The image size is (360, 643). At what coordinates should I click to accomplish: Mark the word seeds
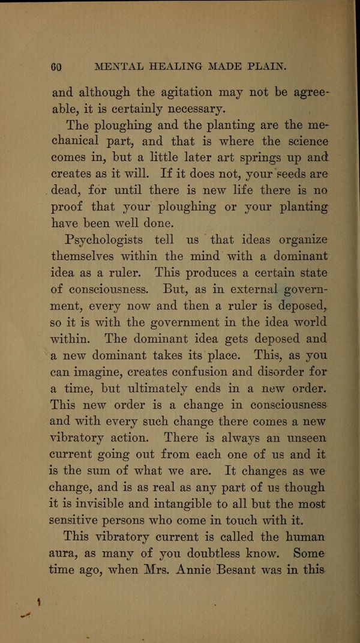point(289,175)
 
